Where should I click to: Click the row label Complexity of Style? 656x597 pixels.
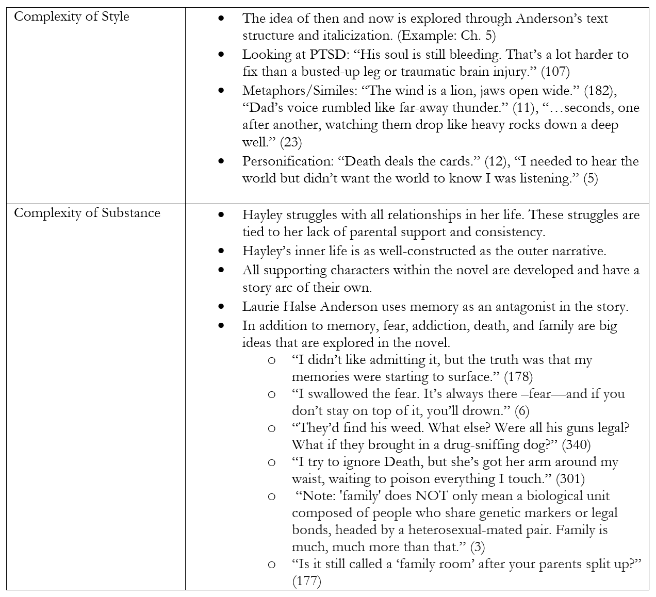71,16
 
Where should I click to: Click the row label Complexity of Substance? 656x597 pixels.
87,213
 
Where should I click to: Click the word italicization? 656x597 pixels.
359,36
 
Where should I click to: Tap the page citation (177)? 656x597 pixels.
306,581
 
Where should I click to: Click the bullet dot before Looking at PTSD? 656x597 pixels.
222,55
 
